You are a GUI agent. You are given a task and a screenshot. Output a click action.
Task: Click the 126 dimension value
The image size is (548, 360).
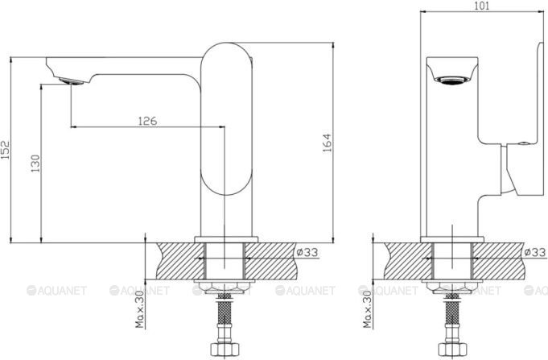click(x=148, y=121)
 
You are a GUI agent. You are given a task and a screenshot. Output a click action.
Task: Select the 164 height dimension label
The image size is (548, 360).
click(x=328, y=143)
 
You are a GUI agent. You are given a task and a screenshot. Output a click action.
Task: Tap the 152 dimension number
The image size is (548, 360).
click(x=6, y=150)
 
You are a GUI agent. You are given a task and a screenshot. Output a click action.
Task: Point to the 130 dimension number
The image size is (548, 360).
click(x=35, y=163)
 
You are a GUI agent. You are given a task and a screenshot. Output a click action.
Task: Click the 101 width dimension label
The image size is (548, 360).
click(x=483, y=6)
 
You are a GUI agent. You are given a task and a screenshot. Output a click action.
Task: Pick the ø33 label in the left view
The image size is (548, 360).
click(x=307, y=252)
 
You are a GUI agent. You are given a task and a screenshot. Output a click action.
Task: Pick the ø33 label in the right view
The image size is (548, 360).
click(x=535, y=252)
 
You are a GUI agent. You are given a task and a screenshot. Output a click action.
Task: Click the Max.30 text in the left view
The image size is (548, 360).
click(x=140, y=309)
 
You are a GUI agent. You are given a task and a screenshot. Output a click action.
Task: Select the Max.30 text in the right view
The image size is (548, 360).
click(x=367, y=309)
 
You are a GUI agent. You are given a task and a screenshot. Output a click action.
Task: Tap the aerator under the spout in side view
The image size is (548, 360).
click(x=72, y=81)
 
